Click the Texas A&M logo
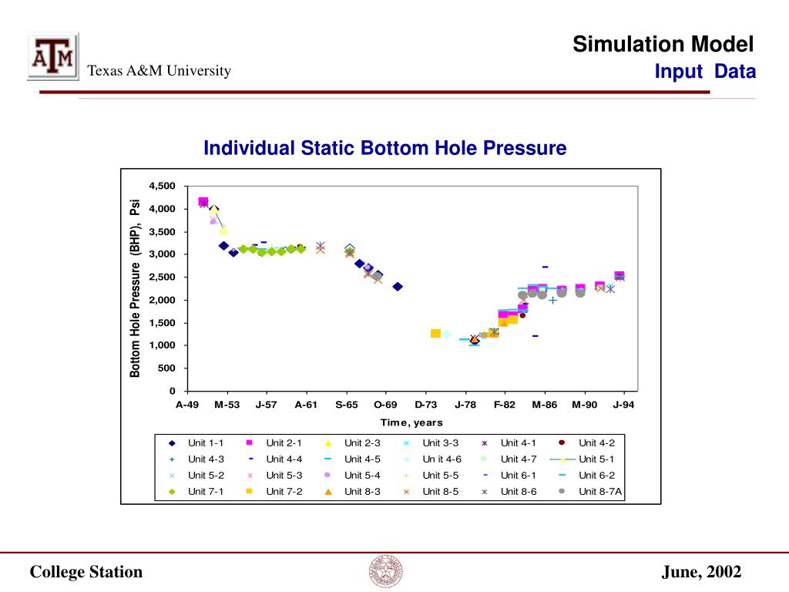[x=53, y=56]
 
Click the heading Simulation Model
[x=663, y=44]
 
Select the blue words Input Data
[x=705, y=72]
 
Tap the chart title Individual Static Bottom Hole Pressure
[x=385, y=148]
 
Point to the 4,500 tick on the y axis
[x=162, y=186]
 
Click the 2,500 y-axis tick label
[x=162, y=277]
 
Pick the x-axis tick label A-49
[x=187, y=405]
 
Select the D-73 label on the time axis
[x=425, y=405]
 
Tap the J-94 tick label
[x=623, y=405]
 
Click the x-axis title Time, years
[x=411, y=423]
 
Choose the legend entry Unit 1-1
[x=196, y=443]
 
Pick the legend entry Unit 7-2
[x=274, y=491]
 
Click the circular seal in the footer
[x=386, y=572]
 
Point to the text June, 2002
[x=701, y=572]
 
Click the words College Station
[x=86, y=572]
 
